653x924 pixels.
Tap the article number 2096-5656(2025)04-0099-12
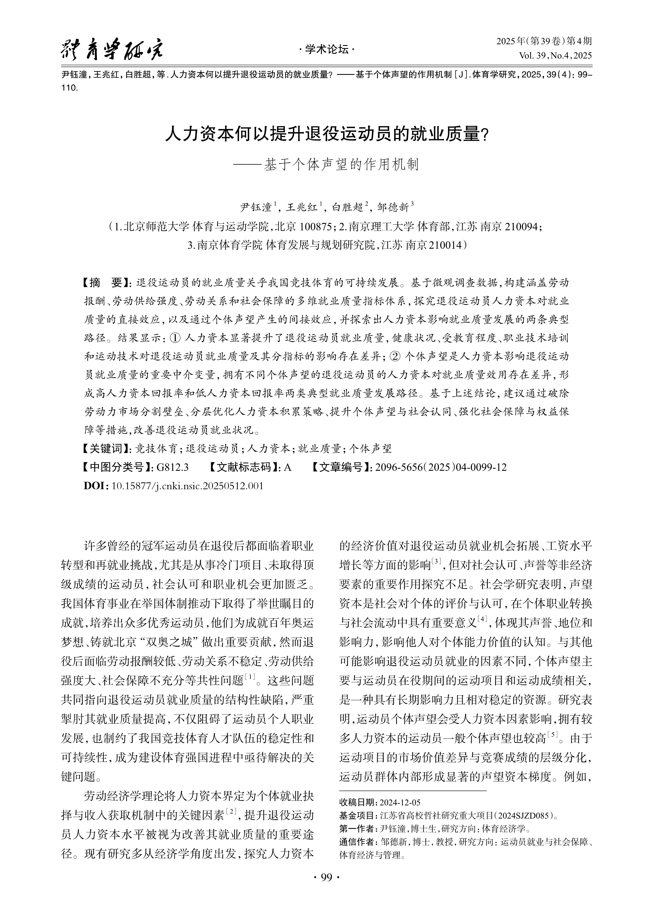[441, 467]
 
